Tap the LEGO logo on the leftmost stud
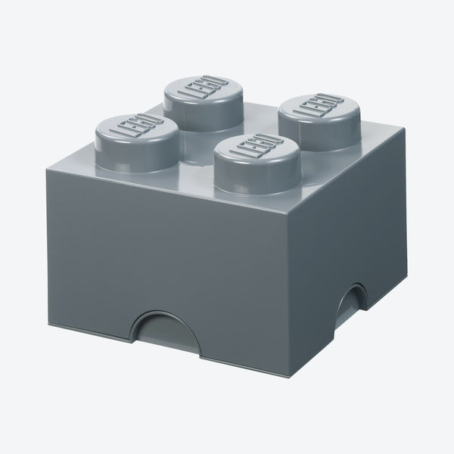135,124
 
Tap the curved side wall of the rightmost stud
318,133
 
